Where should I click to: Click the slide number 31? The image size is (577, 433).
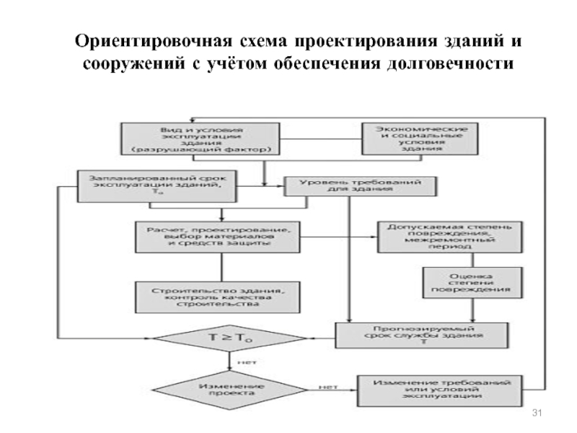click(536, 412)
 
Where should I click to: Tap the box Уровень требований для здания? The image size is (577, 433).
click(363, 185)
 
